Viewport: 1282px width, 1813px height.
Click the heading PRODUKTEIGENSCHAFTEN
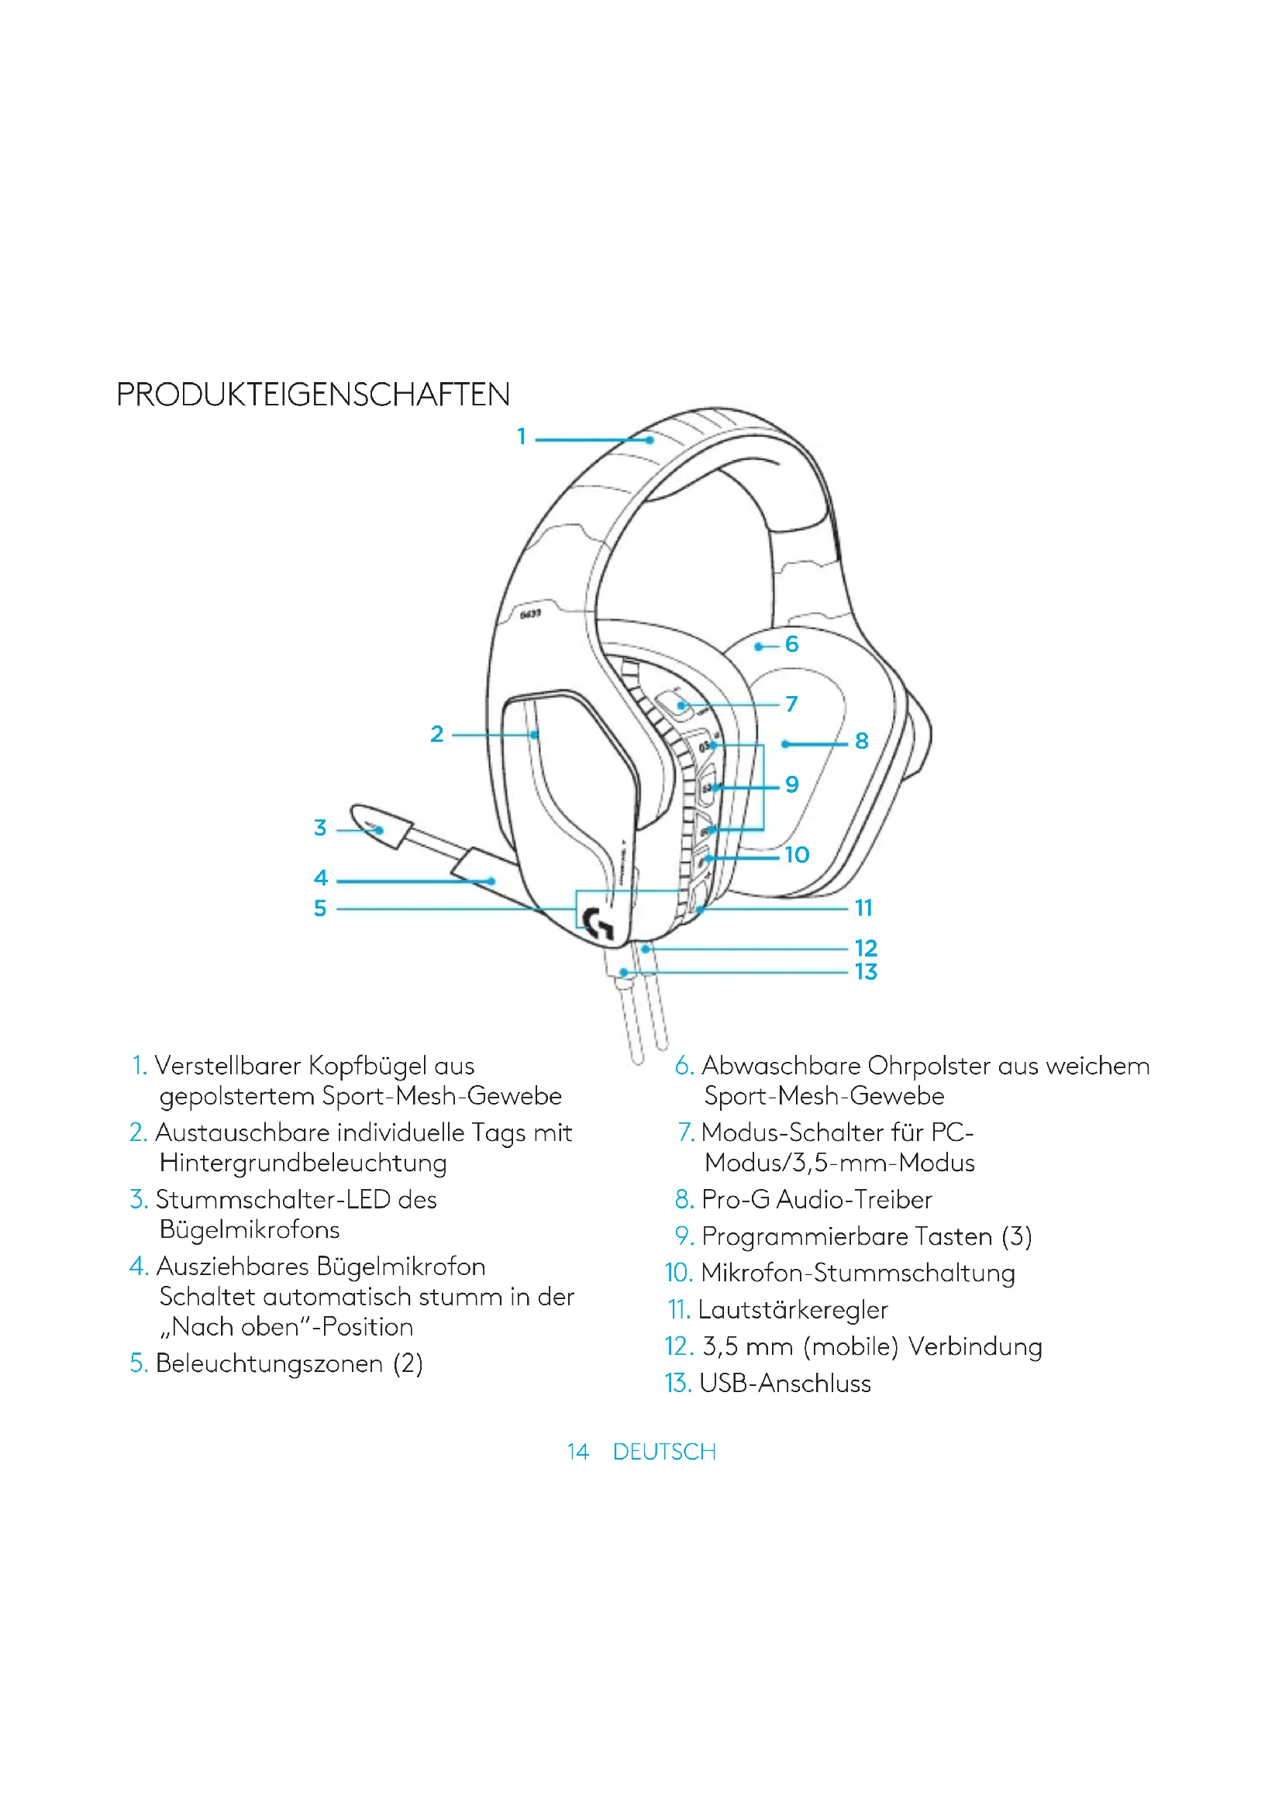[312, 395]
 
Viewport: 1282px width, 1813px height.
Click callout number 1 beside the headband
[521, 436]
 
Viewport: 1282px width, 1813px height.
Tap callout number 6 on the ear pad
[792, 644]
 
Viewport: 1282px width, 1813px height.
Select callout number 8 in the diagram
[861, 741]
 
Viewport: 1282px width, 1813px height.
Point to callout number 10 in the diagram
[798, 854]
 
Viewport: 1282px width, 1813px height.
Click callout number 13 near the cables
[866, 972]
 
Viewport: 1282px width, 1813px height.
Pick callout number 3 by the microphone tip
[319, 828]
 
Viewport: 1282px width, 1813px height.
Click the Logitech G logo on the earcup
[598, 924]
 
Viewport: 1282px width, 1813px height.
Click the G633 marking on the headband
[530, 614]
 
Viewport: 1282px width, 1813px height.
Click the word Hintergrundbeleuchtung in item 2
[303, 1163]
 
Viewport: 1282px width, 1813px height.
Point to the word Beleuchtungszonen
[268, 1363]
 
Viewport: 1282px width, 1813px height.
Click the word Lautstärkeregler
[793, 1310]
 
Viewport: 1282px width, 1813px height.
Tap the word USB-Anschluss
[784, 1384]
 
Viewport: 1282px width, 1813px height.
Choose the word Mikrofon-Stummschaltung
[858, 1273]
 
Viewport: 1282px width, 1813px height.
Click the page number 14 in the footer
[578, 1451]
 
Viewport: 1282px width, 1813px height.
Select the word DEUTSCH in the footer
[664, 1451]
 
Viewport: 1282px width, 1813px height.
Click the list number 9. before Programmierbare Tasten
[684, 1236]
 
